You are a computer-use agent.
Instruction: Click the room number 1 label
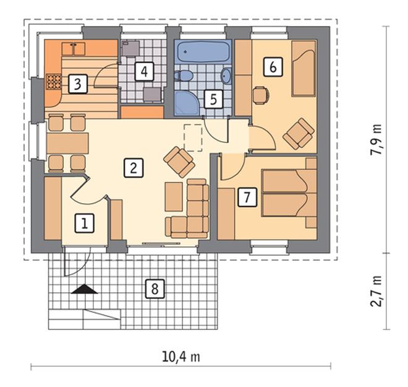click(84, 223)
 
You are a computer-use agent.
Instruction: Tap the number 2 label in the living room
click(134, 168)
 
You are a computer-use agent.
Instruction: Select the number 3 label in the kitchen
click(77, 84)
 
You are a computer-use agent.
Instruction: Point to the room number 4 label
click(145, 71)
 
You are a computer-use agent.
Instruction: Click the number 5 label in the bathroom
click(213, 99)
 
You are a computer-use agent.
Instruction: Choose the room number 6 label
click(273, 67)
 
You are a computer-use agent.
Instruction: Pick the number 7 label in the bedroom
click(247, 198)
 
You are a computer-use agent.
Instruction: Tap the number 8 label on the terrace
click(155, 289)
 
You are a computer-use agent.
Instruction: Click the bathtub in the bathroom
click(203, 51)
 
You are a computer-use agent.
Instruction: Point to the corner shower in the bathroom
click(186, 103)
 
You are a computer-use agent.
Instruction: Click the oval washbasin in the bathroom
click(226, 76)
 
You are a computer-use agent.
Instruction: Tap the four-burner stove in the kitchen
click(54, 82)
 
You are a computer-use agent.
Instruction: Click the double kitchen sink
click(74, 49)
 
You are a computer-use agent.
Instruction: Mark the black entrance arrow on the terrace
click(84, 289)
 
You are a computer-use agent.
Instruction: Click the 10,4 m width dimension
click(181, 357)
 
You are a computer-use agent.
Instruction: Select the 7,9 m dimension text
click(376, 139)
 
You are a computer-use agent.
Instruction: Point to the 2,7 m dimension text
click(376, 291)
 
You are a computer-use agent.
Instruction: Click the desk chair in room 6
click(261, 95)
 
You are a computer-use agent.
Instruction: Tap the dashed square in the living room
click(193, 138)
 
